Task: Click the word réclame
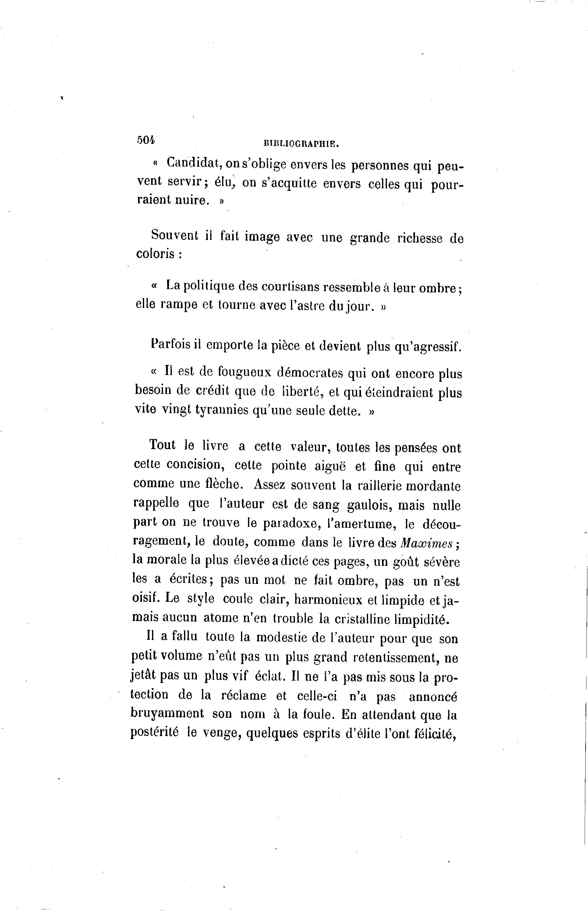pos(243,695)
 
